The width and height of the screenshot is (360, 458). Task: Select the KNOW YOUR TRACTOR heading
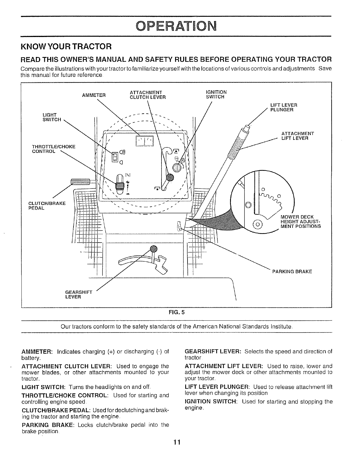[x=66, y=46]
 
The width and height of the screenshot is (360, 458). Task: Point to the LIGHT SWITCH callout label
[x=52, y=117]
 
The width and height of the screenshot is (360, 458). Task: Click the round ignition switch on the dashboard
[x=177, y=167]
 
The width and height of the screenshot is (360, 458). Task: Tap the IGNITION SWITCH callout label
[x=216, y=94]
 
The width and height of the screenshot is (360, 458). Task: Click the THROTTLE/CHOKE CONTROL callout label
[x=54, y=149]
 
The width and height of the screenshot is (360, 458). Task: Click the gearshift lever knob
[x=154, y=249]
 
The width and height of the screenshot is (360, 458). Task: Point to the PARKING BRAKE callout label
[x=292, y=272]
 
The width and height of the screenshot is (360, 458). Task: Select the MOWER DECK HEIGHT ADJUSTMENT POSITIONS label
[x=300, y=221]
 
